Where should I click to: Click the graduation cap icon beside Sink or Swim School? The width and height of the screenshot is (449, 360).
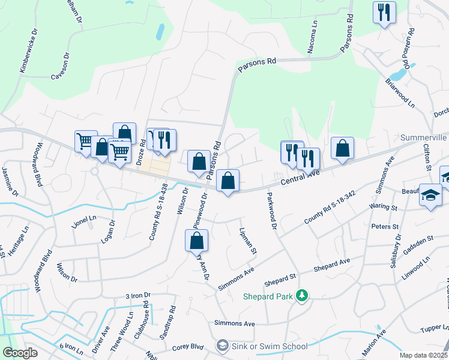pos(223,346)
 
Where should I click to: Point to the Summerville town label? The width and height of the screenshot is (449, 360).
pos(424,137)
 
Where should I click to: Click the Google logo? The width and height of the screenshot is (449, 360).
pos(20,353)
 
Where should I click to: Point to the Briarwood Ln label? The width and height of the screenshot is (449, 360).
pos(400,92)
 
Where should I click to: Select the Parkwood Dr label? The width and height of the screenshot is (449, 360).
pos(271,211)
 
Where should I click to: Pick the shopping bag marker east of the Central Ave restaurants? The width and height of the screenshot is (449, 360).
pos(342,149)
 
